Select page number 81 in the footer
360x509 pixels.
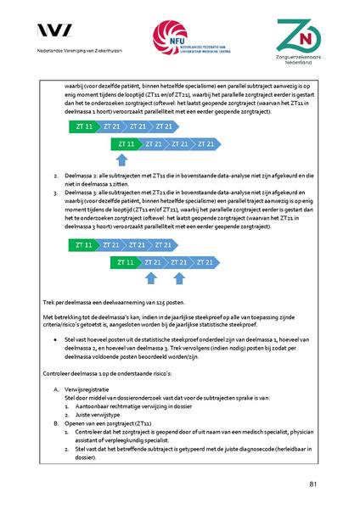pyautogui.click(x=314, y=484)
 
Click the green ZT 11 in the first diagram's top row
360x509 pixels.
pyautogui.click(x=82, y=126)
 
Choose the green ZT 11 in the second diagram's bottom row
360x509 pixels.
pyautogui.click(x=125, y=262)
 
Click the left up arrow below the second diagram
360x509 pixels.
pyautogui.click(x=151, y=277)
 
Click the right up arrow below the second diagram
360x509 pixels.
pyautogui.click(x=177, y=277)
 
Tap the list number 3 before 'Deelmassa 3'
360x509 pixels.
pyautogui.click(x=54, y=193)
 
